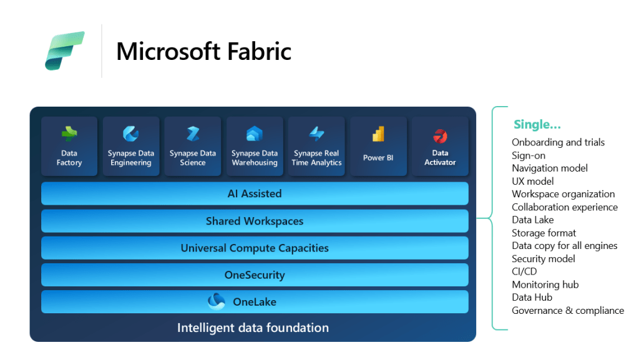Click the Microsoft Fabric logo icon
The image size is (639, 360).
[x=65, y=51]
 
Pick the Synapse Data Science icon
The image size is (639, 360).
[x=193, y=134]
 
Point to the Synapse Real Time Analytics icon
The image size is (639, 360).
[x=316, y=134]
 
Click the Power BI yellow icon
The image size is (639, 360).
[x=378, y=134]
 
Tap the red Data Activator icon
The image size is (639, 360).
[x=440, y=135]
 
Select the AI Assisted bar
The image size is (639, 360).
[x=255, y=193]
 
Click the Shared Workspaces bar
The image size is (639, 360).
[x=255, y=221]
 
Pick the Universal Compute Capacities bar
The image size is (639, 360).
[x=255, y=248]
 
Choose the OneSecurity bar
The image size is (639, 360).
[x=255, y=275]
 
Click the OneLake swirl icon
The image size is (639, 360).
[x=217, y=301]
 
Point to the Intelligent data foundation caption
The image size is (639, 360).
[x=253, y=328]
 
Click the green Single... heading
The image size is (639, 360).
[x=537, y=125]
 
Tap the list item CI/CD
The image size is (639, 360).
[x=524, y=271]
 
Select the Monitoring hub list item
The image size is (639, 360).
[x=545, y=285]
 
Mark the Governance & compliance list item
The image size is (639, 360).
[x=567, y=310]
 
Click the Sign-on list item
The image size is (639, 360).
[x=529, y=155]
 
